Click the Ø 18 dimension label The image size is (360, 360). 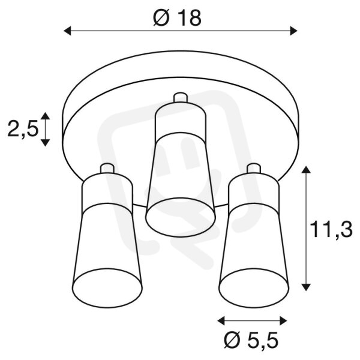tap(177, 18)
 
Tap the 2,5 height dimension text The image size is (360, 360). tap(23, 129)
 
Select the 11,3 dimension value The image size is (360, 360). tap(331, 230)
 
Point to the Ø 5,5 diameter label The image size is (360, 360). tap(251, 340)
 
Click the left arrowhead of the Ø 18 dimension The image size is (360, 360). tap(67, 31)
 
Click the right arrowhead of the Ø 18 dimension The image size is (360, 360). tap(293, 31)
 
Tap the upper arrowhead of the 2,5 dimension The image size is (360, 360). tap(45, 116)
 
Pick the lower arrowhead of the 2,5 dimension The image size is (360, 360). tap(45, 143)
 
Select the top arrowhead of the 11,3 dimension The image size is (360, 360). tap(305, 170)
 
